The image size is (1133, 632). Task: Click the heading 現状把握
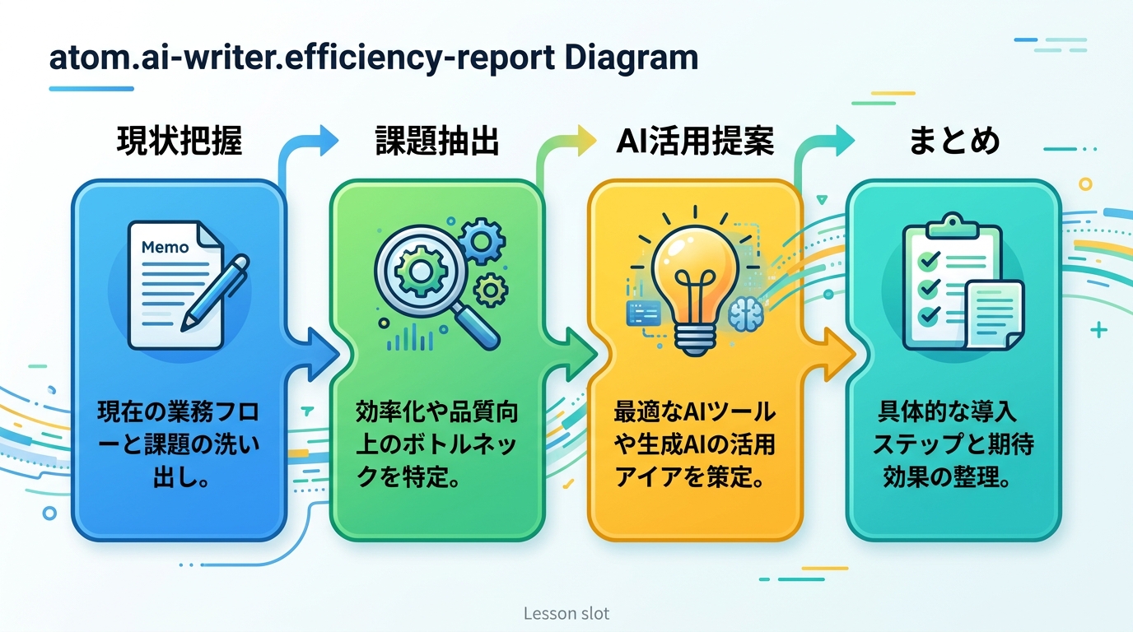[x=180, y=141]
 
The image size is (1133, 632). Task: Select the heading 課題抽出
[x=437, y=141]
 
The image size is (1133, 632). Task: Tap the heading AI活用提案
[x=695, y=141]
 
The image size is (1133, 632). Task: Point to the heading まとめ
[x=954, y=141]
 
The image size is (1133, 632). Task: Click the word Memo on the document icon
[x=165, y=247]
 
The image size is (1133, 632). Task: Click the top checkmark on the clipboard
[x=928, y=261]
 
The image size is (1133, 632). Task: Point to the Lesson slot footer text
[x=566, y=613]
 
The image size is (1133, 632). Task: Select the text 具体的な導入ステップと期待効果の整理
[x=953, y=444]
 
